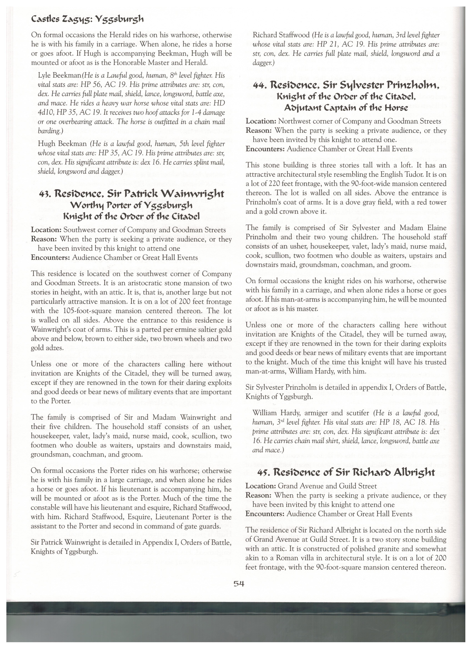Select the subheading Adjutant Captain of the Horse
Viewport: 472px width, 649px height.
[x=346, y=108]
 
